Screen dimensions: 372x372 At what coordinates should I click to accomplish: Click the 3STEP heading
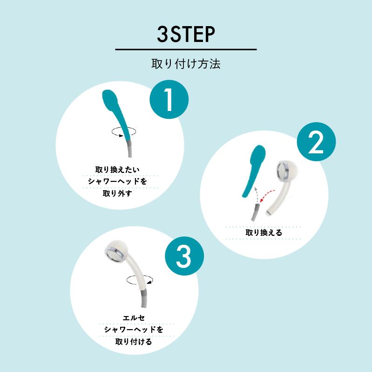click(x=186, y=34)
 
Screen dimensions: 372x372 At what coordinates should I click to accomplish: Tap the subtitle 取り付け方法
click(x=186, y=64)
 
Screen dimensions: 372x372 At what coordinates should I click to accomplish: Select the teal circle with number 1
click(x=169, y=100)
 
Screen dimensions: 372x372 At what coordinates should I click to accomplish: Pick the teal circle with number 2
click(x=316, y=142)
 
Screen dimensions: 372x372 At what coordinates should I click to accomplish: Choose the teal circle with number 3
click(x=184, y=256)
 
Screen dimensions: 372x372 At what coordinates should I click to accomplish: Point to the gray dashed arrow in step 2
click(x=256, y=195)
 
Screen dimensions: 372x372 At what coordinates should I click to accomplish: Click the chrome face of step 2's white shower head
click(x=283, y=170)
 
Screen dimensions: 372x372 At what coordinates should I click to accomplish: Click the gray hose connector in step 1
click(x=129, y=148)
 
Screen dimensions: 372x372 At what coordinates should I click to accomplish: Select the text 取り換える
click(x=264, y=233)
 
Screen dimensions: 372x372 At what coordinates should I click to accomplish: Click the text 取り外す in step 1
click(x=117, y=193)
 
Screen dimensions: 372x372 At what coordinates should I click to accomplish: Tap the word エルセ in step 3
click(x=134, y=318)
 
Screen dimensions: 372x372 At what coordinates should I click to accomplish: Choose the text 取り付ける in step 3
click(x=134, y=342)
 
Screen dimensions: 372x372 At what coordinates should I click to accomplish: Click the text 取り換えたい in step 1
click(x=117, y=170)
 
